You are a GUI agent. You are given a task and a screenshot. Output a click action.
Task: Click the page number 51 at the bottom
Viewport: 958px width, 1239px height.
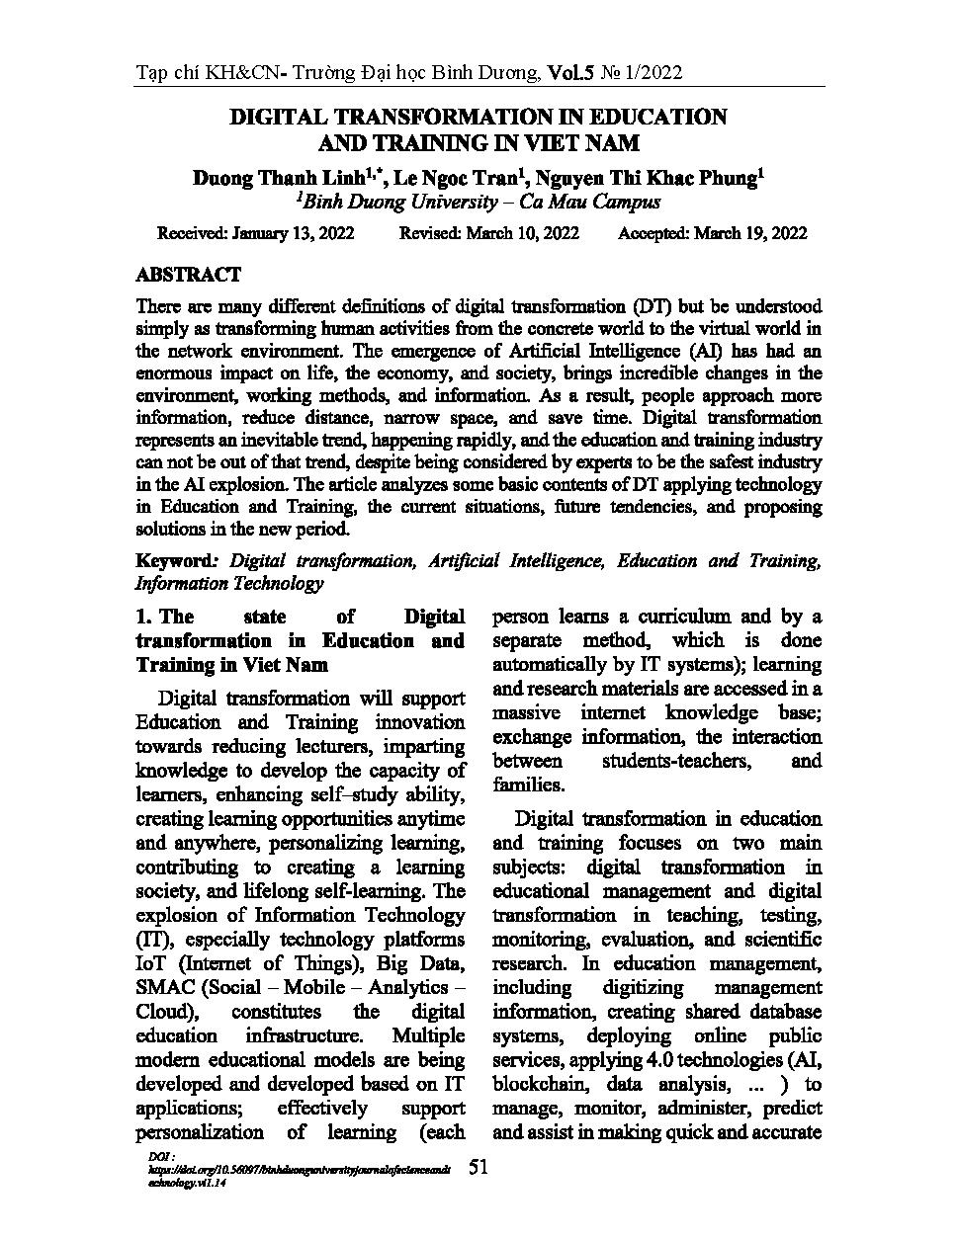479,1167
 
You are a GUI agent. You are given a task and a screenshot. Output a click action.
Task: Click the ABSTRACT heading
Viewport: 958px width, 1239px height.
188,275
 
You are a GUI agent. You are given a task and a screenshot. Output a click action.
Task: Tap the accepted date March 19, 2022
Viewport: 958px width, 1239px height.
750,233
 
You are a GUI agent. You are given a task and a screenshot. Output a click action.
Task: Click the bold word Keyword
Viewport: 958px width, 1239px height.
175,561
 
